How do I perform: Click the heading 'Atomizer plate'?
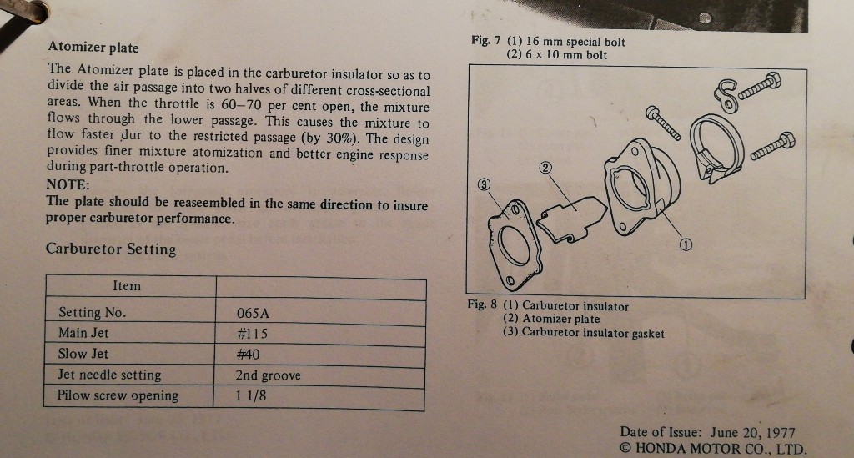(93, 47)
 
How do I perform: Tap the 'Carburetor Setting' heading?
(111, 249)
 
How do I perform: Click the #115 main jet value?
(252, 334)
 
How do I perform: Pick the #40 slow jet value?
(248, 355)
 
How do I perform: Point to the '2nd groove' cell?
(268, 375)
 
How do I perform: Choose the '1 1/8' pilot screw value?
(251, 395)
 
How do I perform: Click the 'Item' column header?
(127, 286)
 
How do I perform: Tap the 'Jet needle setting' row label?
(109, 375)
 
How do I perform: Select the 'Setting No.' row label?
(92, 312)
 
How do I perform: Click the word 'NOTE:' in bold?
(68, 184)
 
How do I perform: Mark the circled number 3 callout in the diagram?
(484, 184)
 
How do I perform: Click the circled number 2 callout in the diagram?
(545, 168)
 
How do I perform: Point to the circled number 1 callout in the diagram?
(686, 245)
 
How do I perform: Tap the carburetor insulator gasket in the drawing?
(515, 245)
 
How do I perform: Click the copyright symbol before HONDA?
(625, 449)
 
